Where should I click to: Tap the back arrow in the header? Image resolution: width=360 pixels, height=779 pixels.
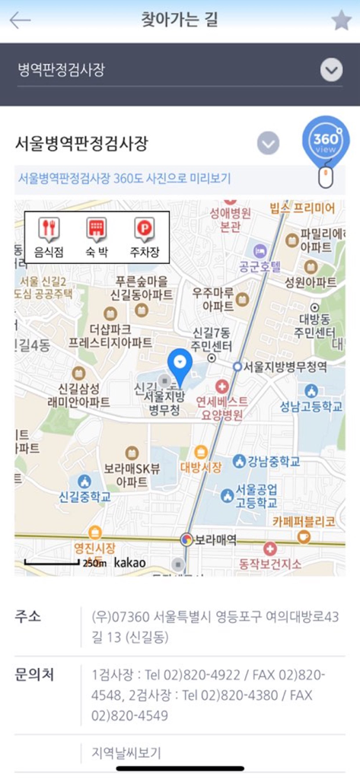[20, 21]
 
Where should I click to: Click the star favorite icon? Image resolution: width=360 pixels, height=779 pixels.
[341, 21]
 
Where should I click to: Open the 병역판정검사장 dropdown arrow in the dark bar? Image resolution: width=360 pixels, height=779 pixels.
[331, 71]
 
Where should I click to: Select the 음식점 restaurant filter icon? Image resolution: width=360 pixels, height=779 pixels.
[48, 237]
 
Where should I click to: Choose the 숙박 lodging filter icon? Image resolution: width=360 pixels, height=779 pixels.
[95, 237]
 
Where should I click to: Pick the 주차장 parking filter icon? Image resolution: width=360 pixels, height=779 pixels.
[144, 237]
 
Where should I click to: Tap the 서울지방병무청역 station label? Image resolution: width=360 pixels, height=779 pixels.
[285, 367]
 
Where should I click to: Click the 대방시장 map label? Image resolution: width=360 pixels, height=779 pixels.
[200, 466]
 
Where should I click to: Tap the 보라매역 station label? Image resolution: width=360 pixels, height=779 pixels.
[215, 539]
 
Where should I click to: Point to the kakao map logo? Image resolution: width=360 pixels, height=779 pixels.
[129, 563]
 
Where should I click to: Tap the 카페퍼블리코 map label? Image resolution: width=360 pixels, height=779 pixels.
[304, 523]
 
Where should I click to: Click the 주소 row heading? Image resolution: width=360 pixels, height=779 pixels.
[28, 615]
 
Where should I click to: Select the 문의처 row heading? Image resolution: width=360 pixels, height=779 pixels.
[34, 674]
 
